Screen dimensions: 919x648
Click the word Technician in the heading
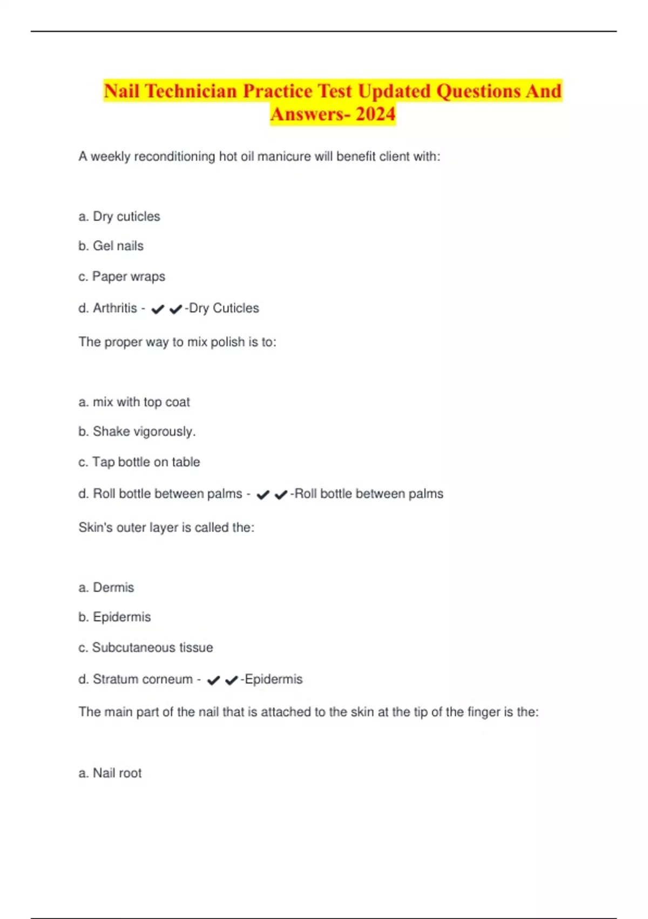(191, 91)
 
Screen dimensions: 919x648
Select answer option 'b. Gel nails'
(111, 246)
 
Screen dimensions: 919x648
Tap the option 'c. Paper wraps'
(122, 277)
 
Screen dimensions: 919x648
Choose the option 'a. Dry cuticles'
(119, 216)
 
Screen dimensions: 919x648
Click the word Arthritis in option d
(115, 308)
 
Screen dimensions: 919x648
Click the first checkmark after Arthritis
(158, 309)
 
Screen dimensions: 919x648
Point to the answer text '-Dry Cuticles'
(222, 308)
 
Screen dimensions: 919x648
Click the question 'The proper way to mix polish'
(177, 342)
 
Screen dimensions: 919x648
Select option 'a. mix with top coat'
(134, 402)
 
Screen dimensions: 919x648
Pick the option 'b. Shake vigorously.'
(137, 431)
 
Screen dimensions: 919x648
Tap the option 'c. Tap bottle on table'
(139, 462)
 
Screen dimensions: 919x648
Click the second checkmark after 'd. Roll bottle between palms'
(281, 495)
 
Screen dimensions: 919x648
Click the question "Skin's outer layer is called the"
(166, 528)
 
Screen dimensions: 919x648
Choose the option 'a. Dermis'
(106, 588)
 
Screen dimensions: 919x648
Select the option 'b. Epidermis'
(114, 617)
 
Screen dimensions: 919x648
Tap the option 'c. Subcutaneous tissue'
(145, 648)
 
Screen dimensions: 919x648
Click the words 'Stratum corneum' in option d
(143, 679)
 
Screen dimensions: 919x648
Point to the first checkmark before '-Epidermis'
(214, 680)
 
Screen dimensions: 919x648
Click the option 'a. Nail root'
(110, 773)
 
